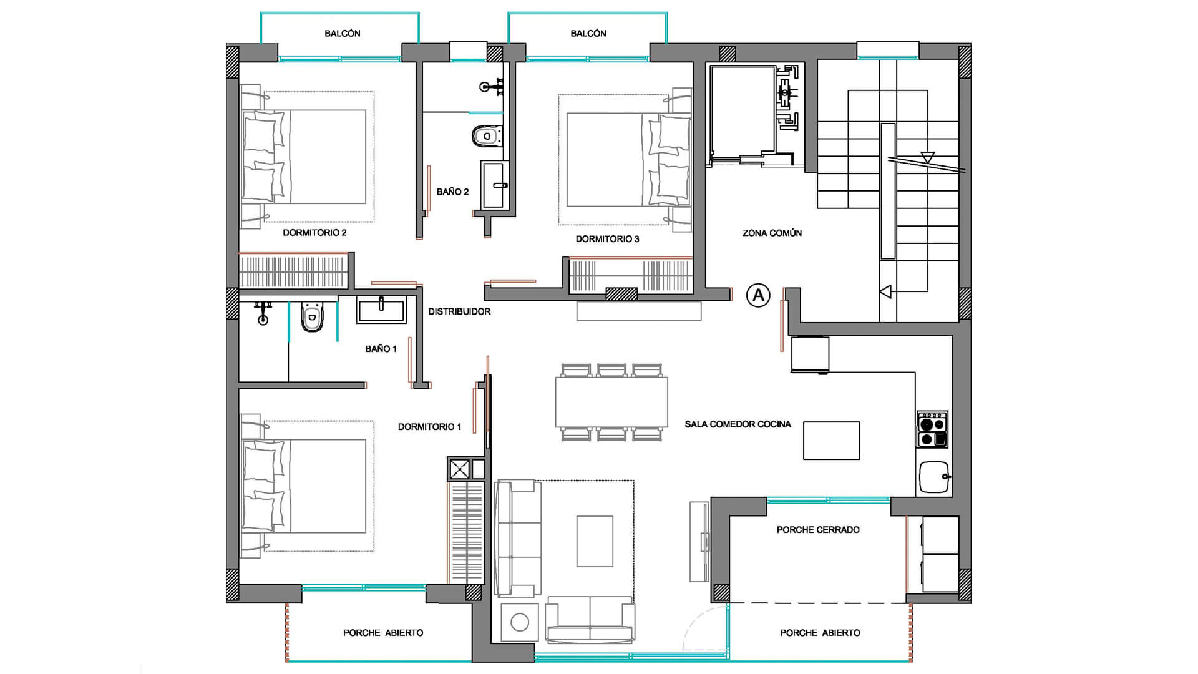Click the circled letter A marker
[758, 295]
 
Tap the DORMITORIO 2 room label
[314, 233]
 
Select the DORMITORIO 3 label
[607, 239]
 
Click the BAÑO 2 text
[452, 192]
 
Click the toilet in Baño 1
[312, 316]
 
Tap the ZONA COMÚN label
[772, 233]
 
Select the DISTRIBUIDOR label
[459, 311]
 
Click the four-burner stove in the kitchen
[932, 429]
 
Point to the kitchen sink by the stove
[934, 477]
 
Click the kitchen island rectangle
[831, 441]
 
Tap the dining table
[611, 402]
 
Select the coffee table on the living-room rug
[595, 541]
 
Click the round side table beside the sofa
[519, 622]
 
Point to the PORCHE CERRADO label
[818, 530]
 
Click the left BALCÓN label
[342, 33]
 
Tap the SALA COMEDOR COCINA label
[738, 424]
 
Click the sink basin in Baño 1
[381, 310]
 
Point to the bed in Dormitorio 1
[304, 486]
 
